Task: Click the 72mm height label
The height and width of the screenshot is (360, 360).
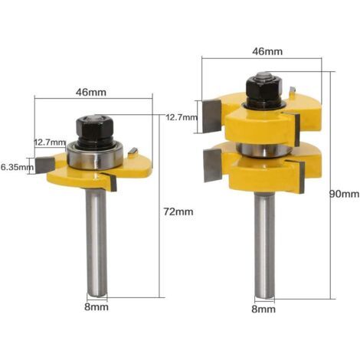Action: (178, 211)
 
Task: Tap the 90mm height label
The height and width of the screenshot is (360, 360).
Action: (344, 195)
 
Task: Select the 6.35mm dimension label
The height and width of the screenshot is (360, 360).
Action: (17, 168)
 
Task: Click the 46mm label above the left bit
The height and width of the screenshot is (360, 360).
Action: (91, 92)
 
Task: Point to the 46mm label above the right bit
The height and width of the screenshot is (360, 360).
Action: (267, 51)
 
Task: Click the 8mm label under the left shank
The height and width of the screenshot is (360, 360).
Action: (97, 307)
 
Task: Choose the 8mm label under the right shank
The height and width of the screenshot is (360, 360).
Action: (263, 309)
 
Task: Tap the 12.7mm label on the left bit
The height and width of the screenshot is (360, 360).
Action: (50, 142)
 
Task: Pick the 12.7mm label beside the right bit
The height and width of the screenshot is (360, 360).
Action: (182, 118)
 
